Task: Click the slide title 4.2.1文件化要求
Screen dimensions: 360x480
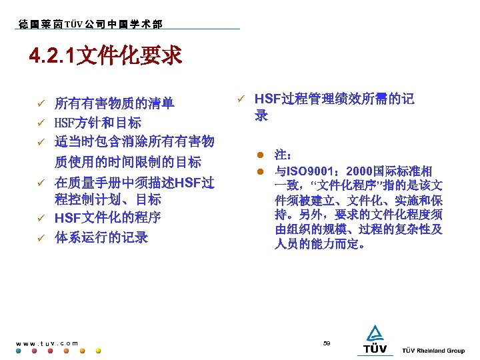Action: coord(105,57)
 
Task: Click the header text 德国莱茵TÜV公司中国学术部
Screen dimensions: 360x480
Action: coord(90,25)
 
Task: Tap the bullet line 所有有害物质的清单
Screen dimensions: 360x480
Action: coord(114,103)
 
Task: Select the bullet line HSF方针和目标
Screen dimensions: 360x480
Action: coord(97,123)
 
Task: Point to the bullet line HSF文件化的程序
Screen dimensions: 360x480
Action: coord(107,218)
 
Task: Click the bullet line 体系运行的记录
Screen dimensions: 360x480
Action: coord(101,237)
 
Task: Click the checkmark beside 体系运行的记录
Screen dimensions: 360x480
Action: coord(40,237)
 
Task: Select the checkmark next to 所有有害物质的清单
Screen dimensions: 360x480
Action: coord(40,103)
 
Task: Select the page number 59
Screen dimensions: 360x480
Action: coord(327,343)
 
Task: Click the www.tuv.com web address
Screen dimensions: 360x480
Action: coord(47,343)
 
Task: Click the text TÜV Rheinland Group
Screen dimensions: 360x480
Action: coord(433,351)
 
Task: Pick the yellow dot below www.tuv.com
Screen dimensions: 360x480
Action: coord(99,351)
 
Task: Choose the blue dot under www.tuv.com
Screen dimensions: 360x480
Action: coord(19,351)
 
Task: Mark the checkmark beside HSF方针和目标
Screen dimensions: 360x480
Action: coord(40,123)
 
